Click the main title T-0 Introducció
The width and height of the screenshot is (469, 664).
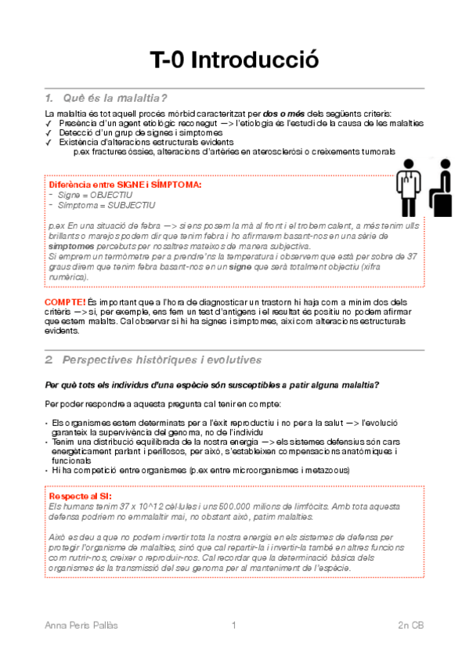[234, 60]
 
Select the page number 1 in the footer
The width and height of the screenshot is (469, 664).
[233, 625]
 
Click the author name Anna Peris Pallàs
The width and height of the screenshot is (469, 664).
[87, 625]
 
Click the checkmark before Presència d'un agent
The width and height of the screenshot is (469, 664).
[49, 124]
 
